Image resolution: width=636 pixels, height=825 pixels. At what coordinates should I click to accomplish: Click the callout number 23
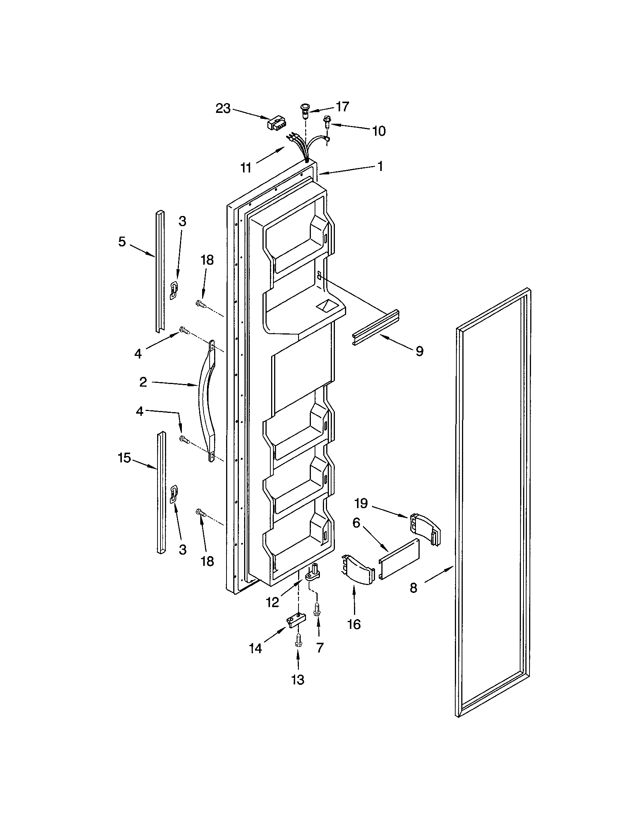coord(223,108)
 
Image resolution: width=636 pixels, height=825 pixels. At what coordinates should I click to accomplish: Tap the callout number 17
coord(342,106)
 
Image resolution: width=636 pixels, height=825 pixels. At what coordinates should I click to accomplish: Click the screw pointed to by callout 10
coord(326,123)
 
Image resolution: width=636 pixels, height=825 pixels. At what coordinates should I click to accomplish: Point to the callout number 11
coord(246,168)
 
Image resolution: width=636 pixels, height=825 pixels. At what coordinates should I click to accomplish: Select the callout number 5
coord(121,241)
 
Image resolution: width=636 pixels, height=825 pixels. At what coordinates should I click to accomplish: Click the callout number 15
coord(124,458)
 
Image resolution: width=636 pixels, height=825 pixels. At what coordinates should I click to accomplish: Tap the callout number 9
coord(419,351)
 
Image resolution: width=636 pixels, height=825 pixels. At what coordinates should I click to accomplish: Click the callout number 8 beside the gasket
coord(414,588)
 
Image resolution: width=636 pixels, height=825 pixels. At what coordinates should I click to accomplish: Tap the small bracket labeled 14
coord(296,620)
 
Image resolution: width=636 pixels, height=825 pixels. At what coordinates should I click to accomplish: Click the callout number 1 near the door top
coord(380,166)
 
